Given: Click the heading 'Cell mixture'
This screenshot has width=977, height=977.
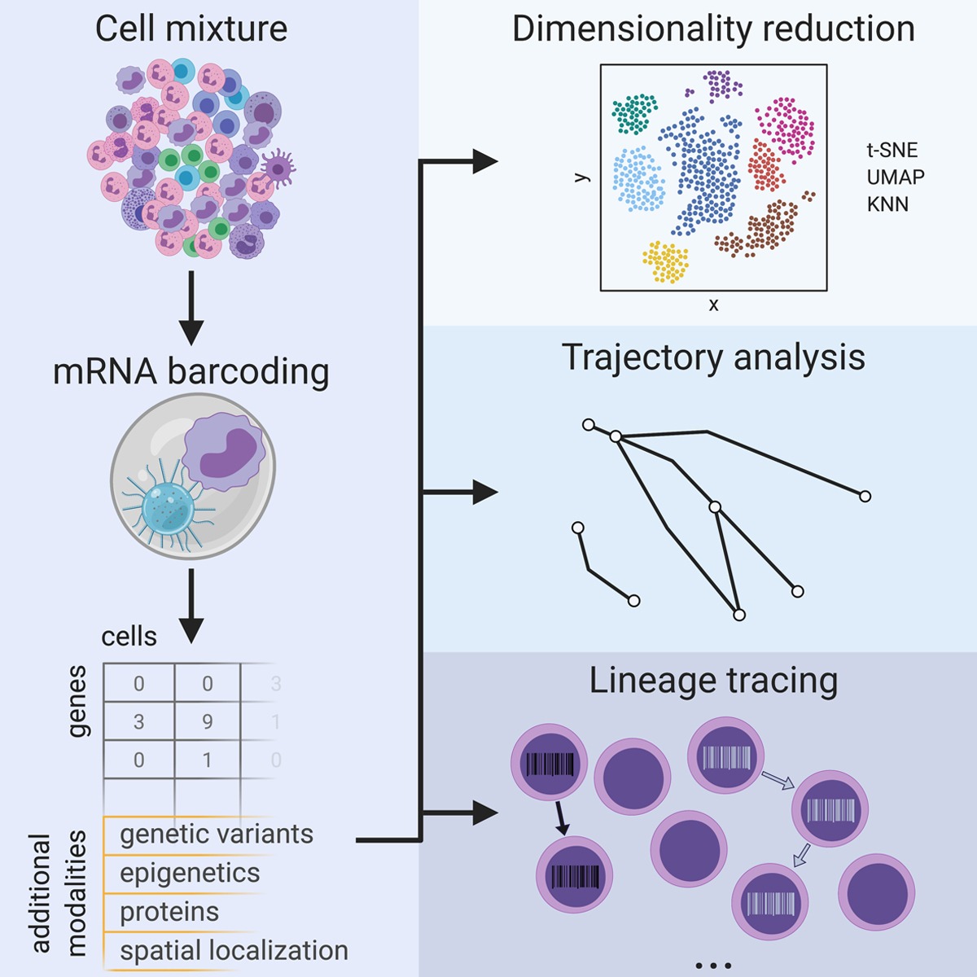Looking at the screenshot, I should [x=191, y=28].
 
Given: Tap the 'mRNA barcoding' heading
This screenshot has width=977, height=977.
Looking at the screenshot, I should [x=191, y=371].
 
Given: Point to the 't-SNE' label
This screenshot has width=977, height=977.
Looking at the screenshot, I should [x=892, y=150].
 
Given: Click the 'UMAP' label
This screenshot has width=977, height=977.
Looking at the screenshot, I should [x=896, y=177].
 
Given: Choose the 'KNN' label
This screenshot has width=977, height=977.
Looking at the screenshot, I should [x=887, y=204].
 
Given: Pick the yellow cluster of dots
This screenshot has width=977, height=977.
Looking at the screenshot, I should [x=666, y=261].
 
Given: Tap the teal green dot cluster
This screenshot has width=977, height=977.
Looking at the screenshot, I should [x=634, y=113].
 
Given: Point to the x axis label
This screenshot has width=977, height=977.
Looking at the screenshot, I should [x=714, y=304].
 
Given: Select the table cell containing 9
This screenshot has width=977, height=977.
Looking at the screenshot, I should [x=208, y=721].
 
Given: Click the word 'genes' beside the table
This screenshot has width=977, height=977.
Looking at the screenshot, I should [x=77, y=701].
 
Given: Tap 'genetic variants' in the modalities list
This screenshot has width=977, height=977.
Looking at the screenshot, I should [x=217, y=835].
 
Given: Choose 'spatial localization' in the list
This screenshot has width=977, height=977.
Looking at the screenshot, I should [x=234, y=950].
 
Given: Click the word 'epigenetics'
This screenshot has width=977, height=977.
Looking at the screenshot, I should [x=190, y=874].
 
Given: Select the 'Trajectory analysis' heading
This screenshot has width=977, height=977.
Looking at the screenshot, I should [x=713, y=358].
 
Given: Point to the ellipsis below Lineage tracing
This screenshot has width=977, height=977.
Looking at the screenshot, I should [x=714, y=966].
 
